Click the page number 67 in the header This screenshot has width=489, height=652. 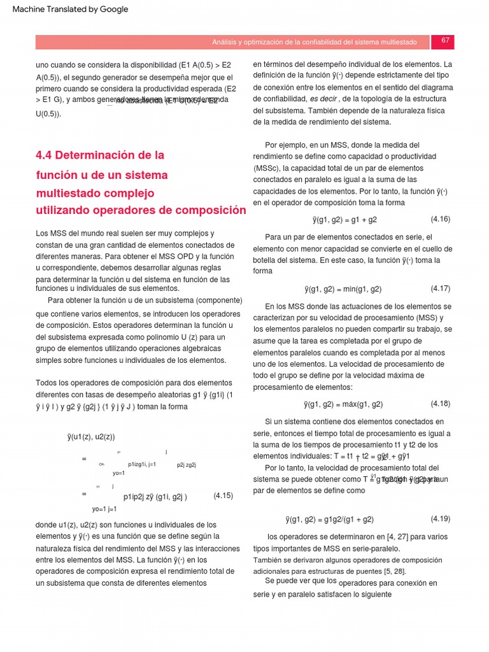coord(445,41)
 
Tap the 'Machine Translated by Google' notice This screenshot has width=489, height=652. coord(70,9)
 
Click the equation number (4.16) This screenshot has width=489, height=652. coord(441,219)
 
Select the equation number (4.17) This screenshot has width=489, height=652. coord(441,288)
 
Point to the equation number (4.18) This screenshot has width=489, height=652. coord(441,404)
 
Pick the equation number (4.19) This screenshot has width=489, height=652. coord(441,519)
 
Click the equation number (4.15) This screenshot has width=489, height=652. coord(223,495)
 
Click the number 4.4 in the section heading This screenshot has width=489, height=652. coord(45,155)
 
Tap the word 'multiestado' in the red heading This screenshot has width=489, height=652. coord(67,192)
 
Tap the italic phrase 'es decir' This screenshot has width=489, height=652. coord(323,99)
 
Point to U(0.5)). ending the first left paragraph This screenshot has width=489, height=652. coord(48,114)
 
